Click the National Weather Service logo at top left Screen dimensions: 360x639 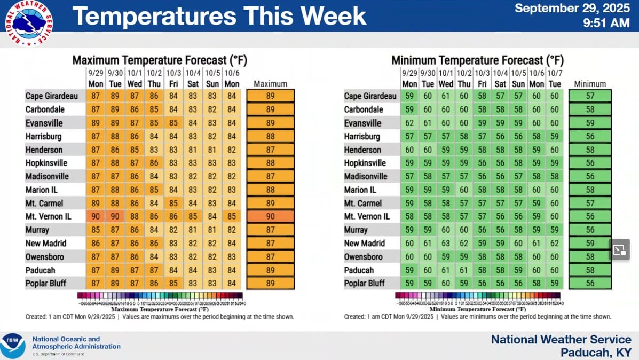pyautogui.click(x=31, y=22)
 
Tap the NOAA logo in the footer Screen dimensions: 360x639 pyautogui.click(x=13, y=346)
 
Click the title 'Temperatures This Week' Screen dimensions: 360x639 pyautogui.click(x=219, y=17)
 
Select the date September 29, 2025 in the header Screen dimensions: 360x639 pyautogui.click(x=573, y=8)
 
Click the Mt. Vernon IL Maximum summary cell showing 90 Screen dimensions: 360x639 pyautogui.click(x=270, y=217)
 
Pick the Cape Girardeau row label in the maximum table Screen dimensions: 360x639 pyautogui.click(x=52, y=96)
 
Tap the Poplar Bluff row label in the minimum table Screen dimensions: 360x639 pyautogui.click(x=365, y=283)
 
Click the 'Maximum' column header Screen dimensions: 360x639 pyautogui.click(x=270, y=84)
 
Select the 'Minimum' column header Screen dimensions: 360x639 pyautogui.click(x=590, y=84)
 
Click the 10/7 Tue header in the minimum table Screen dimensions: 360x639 pyautogui.click(x=555, y=79)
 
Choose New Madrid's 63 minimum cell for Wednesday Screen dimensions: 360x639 pyautogui.click(x=446, y=244)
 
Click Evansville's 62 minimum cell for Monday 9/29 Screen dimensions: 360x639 pyautogui.click(x=409, y=123)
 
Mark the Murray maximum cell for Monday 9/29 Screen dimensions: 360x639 pyautogui.click(x=96, y=230)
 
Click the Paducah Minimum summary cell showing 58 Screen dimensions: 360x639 pyautogui.click(x=590, y=270)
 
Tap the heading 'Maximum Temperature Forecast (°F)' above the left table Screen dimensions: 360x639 pyautogui.click(x=160, y=60)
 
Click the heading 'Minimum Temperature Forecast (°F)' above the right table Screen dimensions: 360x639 pyautogui.click(x=477, y=60)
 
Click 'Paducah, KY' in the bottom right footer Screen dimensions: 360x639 pyautogui.click(x=596, y=353)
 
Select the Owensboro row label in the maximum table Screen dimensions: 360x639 pyautogui.click(x=46, y=257)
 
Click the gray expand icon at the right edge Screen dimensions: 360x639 pyautogui.click(x=619, y=249)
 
